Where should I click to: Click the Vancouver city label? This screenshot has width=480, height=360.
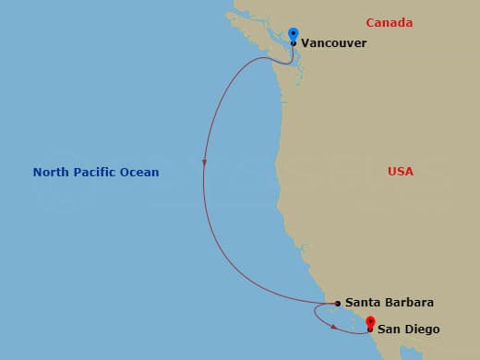click(333, 42)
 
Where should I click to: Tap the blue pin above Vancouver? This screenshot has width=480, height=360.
click(294, 33)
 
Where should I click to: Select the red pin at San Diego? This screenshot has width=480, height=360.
click(369, 322)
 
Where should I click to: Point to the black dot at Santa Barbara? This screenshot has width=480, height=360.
click(338, 303)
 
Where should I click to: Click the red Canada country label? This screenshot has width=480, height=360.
click(388, 22)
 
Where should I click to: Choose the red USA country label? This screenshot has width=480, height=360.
click(401, 172)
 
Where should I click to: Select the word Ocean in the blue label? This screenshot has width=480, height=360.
click(140, 172)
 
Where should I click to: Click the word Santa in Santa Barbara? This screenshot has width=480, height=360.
click(362, 303)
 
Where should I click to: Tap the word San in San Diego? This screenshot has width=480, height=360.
click(388, 330)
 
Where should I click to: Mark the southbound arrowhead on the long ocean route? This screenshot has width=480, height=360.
click(203, 164)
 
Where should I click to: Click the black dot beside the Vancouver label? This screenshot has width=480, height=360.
click(294, 42)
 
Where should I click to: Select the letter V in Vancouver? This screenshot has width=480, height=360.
click(306, 42)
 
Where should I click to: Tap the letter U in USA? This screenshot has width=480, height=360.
click(392, 172)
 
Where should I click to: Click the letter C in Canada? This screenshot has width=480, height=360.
click(370, 22)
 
